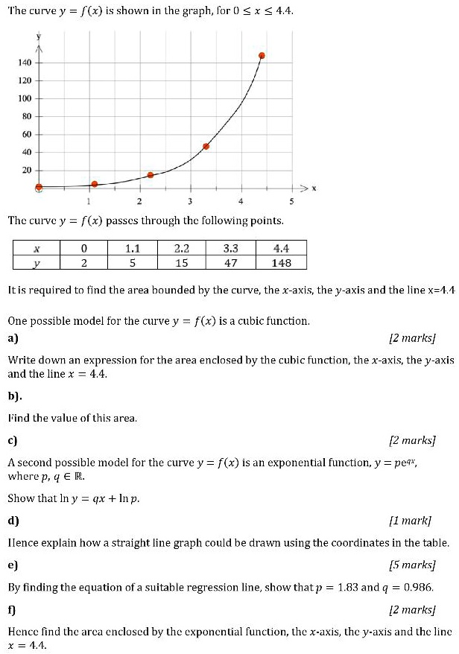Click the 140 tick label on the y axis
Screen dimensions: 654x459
pyautogui.click(x=24, y=63)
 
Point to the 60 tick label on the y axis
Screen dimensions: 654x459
pyautogui.click(x=26, y=135)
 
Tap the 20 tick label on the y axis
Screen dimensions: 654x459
pyautogui.click(x=26, y=171)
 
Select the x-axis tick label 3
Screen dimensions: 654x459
pyautogui.click(x=190, y=201)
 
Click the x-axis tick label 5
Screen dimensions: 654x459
pyautogui.click(x=291, y=201)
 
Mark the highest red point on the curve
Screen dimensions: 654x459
pyautogui.click(x=262, y=56)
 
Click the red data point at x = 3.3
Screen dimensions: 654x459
pyautogui.click(x=206, y=146)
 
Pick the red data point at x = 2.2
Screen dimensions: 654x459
pyautogui.click(x=151, y=175)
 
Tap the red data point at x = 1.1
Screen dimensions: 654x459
pyautogui.click(x=95, y=184)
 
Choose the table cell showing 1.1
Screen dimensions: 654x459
pyautogui.click(x=133, y=249)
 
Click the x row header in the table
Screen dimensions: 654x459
pyautogui.click(x=37, y=249)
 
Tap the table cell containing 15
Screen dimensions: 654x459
pyautogui.click(x=182, y=262)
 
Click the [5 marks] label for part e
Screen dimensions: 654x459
pyautogui.click(x=414, y=565)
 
